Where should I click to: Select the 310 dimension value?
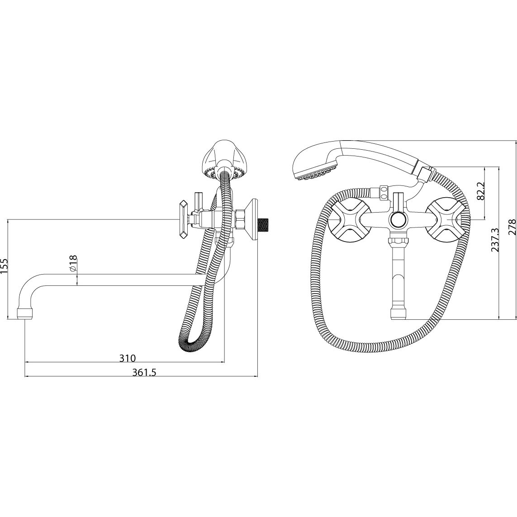[x=127, y=358]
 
